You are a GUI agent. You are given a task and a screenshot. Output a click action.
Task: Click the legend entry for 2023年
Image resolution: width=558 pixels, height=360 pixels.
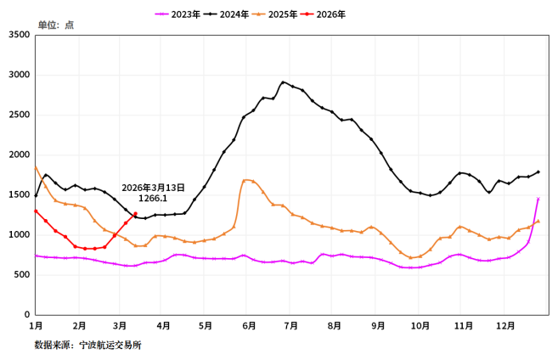coord(184,14)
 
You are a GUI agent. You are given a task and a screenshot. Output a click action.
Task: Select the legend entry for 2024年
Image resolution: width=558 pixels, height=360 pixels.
coord(234,14)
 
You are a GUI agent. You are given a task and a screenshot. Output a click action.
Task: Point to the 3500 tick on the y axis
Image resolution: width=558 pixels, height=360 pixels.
coord(19,35)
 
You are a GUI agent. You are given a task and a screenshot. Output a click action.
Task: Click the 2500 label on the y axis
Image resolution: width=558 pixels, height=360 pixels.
coord(19,115)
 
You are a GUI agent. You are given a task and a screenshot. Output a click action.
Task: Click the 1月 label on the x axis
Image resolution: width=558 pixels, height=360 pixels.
coord(36,325)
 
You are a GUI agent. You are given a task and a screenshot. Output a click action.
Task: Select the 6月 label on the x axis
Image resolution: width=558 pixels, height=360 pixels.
coord(250,325)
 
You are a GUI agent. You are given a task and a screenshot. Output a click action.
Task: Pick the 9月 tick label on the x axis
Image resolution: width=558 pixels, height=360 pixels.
coord(377,325)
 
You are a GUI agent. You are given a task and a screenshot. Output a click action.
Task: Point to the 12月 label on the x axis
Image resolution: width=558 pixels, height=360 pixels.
coord(505,325)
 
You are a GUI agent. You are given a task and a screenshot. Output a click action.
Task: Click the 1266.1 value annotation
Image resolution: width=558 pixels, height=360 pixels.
coord(153,198)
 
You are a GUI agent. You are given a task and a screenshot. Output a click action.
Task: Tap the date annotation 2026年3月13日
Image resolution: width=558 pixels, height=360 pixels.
coord(153,187)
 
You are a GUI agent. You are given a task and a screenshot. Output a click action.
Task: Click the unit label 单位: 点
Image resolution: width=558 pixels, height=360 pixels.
coord(55,25)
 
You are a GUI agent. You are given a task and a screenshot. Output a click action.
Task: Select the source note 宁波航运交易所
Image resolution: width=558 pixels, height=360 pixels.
coord(110,345)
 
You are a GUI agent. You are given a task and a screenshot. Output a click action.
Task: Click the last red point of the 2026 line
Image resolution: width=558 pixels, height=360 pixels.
coord(135,214)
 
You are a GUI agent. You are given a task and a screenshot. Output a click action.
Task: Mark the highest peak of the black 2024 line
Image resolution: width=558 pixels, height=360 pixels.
coord(283,82)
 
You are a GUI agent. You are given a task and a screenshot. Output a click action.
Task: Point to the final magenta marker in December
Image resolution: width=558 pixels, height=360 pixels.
coord(538,199)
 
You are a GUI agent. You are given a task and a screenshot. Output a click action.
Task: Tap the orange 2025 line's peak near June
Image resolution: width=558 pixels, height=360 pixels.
coord(246,180)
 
